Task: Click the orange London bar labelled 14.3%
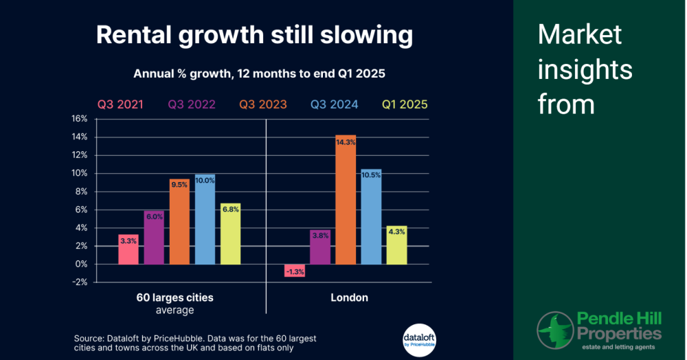[x=346, y=199]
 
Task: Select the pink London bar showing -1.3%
[x=295, y=270]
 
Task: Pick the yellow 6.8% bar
[x=230, y=234]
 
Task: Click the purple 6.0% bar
[x=153, y=237]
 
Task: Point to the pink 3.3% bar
[x=128, y=249]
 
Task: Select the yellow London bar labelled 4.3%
[x=396, y=245]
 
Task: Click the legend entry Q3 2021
[x=120, y=105]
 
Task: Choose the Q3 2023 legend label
[x=263, y=105]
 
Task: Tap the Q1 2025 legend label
[x=404, y=105]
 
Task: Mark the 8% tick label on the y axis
[x=81, y=191]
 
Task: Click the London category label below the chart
[x=349, y=297]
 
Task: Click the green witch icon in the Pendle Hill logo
[x=554, y=330]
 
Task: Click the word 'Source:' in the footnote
[x=91, y=338]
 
